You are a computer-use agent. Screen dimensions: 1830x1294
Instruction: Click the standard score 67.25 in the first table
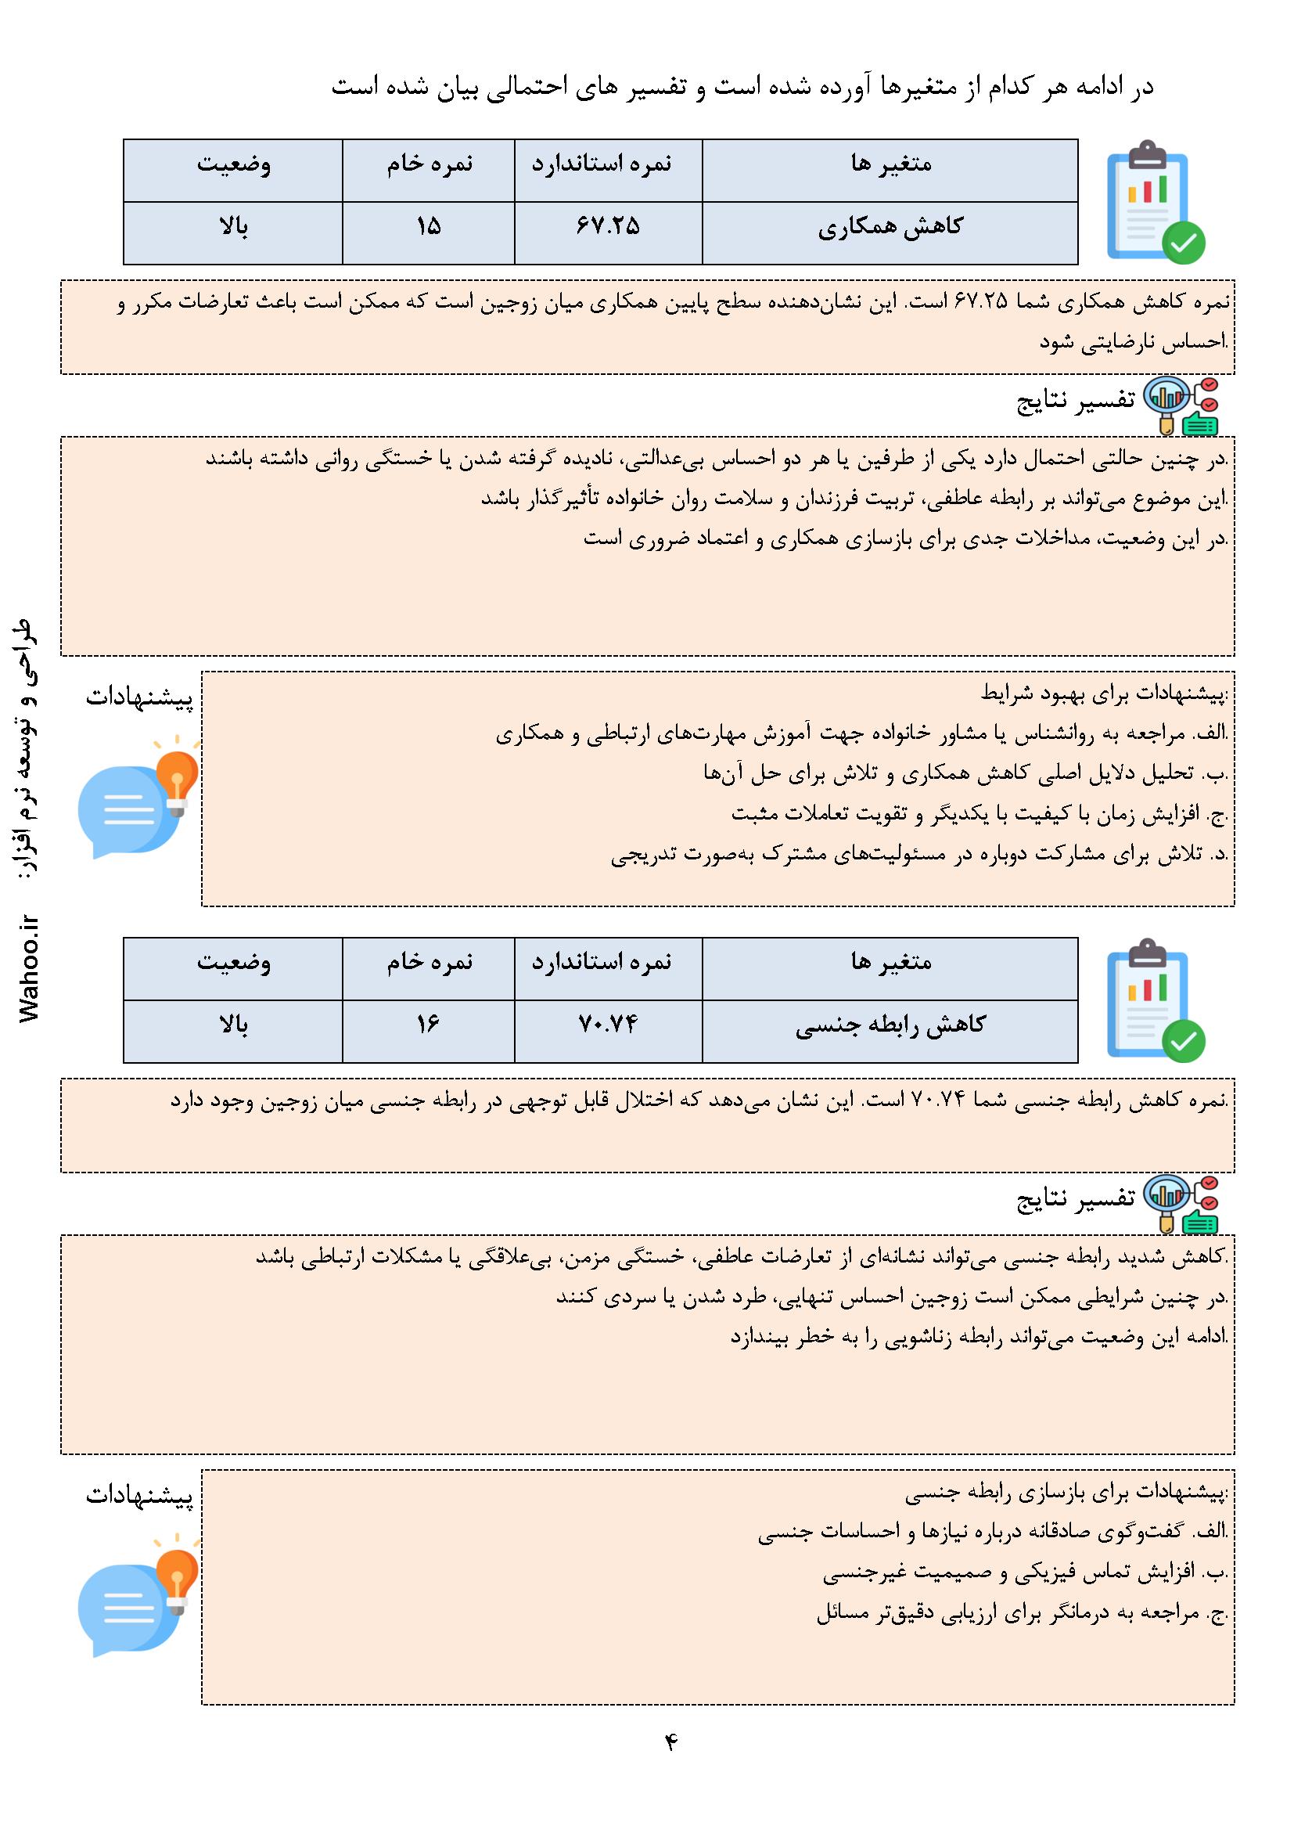608,227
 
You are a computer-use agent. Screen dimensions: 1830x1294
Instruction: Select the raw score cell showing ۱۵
428,227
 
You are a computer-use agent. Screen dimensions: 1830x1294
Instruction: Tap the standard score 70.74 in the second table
608,1025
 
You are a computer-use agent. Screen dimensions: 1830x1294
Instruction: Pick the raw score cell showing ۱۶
428,1025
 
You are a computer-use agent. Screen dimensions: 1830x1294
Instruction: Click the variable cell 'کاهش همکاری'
890,227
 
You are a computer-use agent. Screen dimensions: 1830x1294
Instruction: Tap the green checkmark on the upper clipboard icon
1183,243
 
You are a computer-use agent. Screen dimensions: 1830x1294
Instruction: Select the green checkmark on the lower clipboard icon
1183,1040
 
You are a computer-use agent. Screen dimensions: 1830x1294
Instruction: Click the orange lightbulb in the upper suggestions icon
177,776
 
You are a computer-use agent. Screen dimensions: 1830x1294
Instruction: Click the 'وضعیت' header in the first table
233,165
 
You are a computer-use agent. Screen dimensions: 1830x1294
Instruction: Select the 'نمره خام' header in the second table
430,963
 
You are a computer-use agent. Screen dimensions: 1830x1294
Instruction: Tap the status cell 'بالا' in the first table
233,227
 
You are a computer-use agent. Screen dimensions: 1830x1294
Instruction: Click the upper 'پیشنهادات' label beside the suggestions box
139,698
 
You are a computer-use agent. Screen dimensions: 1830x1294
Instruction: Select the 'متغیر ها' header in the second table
891,963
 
